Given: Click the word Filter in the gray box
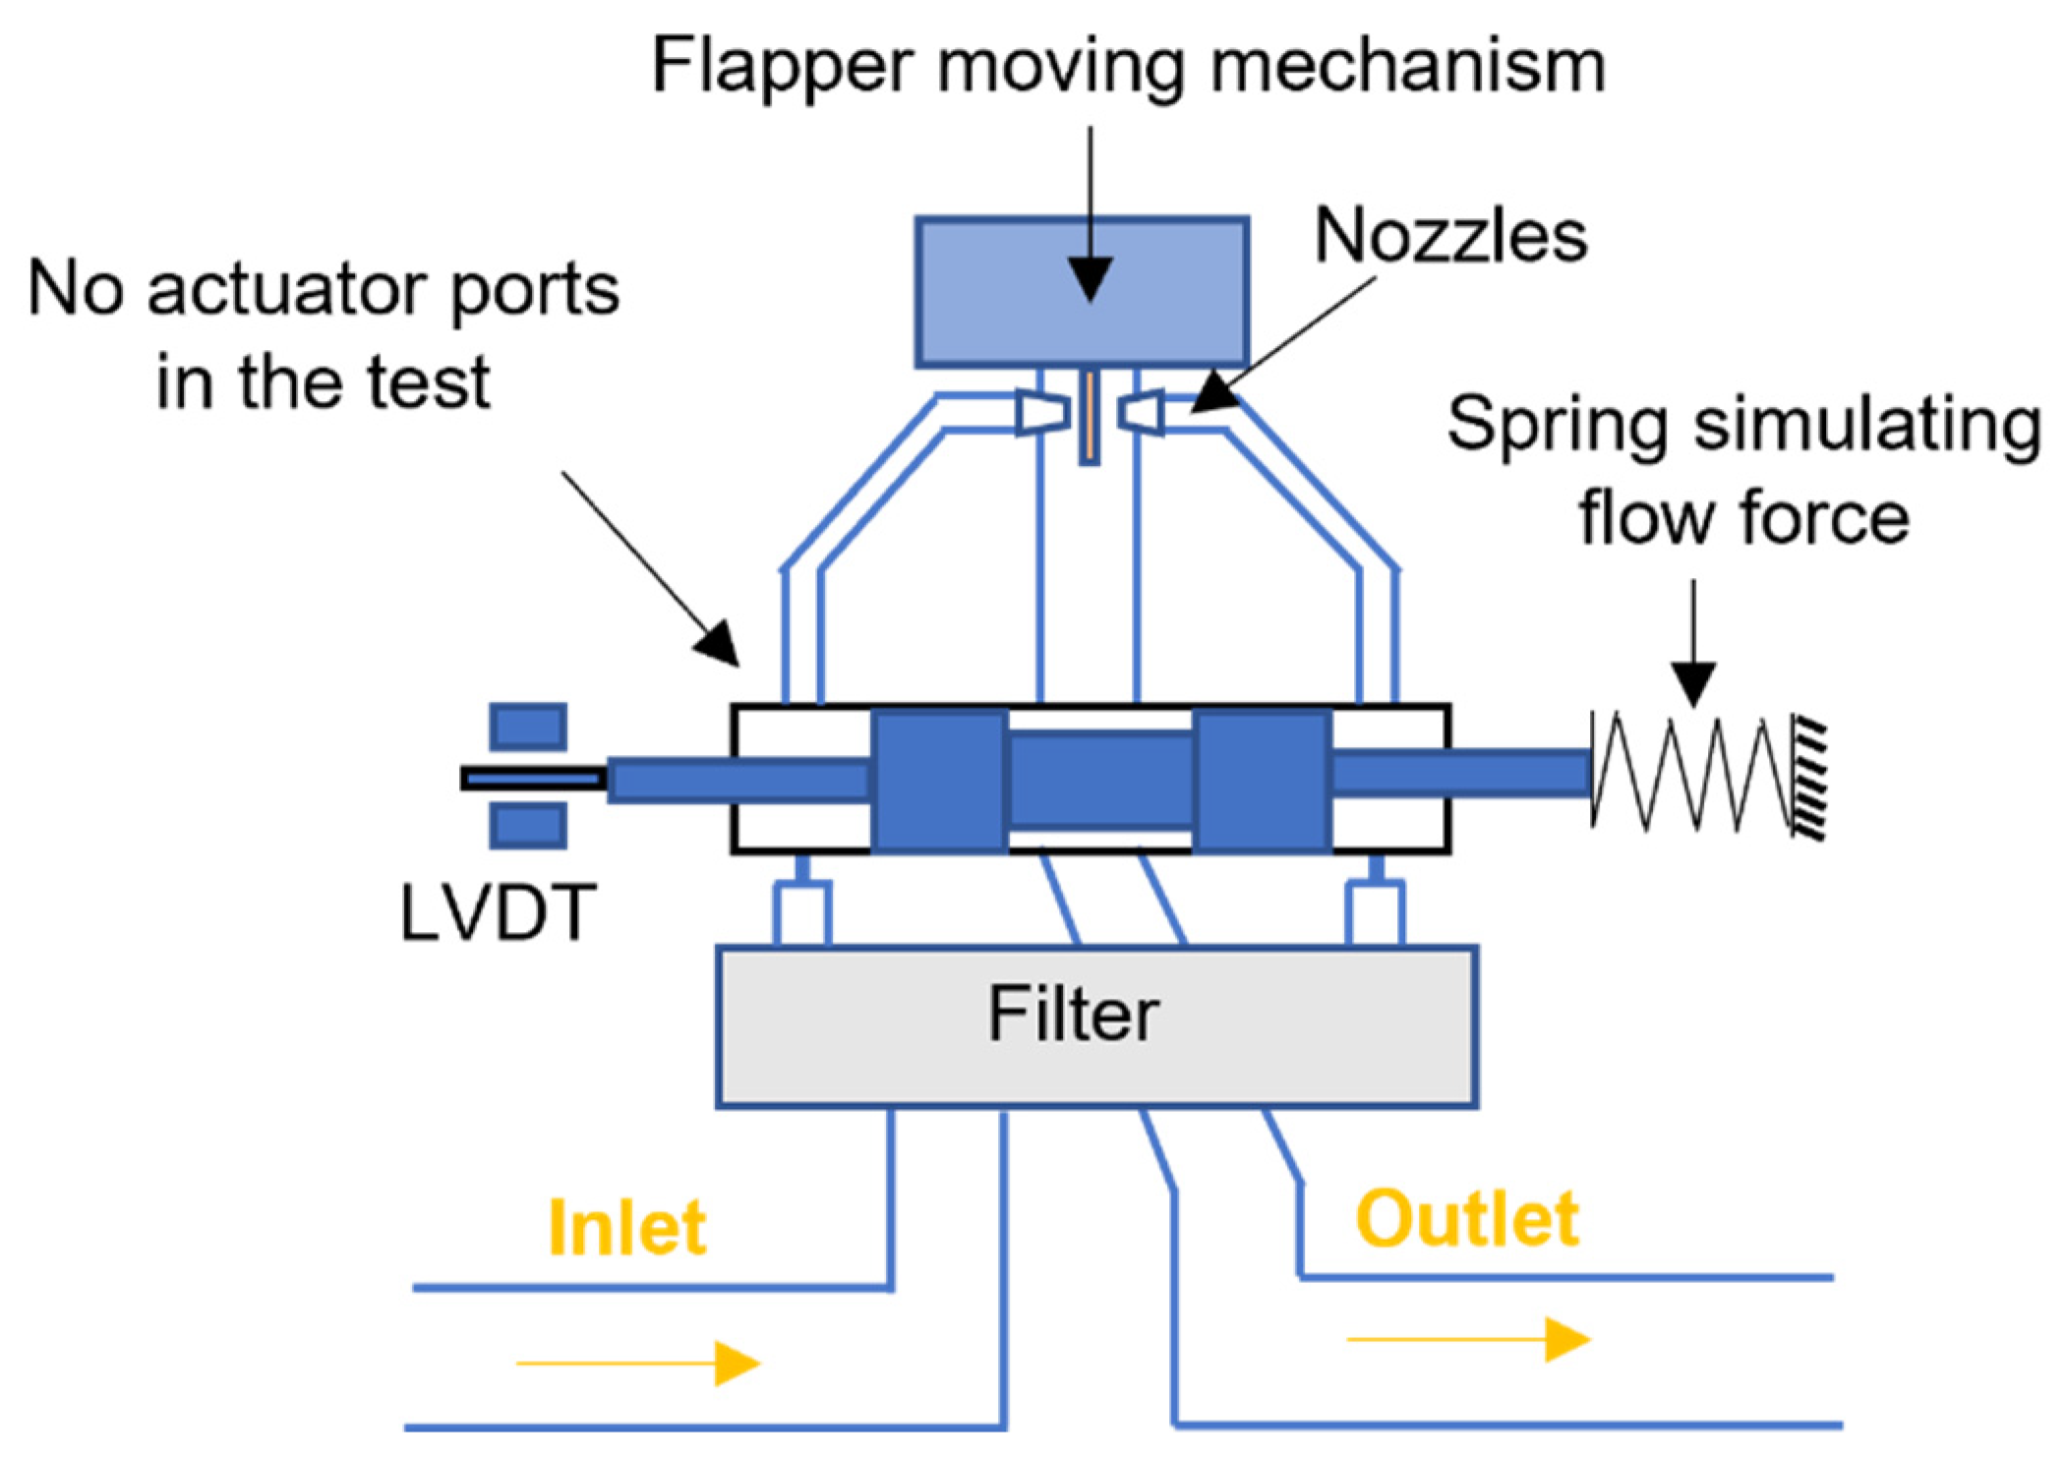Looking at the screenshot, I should pos(1073,1015).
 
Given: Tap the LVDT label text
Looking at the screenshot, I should pos(498,913).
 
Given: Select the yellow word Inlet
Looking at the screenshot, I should pos(626,1228).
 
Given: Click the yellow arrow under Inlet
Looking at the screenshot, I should pos(639,1363).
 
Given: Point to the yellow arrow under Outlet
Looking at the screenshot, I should pos(1469,1339).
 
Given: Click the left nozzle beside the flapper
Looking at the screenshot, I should pos(1041,412).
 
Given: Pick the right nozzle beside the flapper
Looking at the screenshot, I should pos(1142,412).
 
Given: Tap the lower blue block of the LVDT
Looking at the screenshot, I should pos(528,826).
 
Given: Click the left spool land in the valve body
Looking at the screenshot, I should pos(939,779).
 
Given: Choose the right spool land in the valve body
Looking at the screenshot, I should pos(1262,779).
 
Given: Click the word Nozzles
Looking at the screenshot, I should pos(1450,237).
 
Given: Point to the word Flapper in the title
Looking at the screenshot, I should pos(782,67).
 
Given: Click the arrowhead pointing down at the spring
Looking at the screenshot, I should pos(1693,683).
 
